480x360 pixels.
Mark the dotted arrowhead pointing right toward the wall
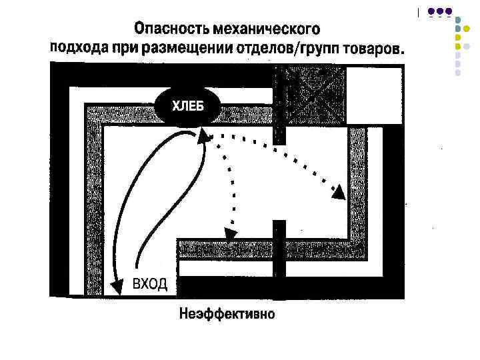pyautogui.click(x=339, y=192)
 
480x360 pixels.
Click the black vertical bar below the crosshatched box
pyautogui.click(x=280, y=127)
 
